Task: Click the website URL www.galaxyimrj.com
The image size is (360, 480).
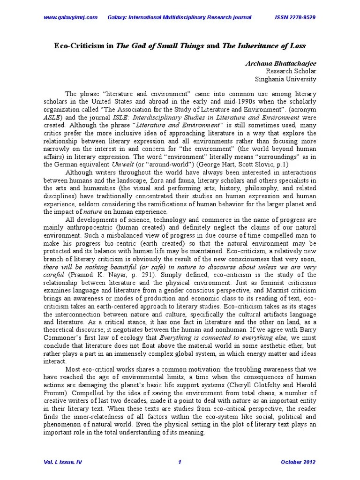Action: coord(70,17)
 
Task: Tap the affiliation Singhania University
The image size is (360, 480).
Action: coord(287,79)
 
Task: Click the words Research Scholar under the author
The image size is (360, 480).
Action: coord(292,71)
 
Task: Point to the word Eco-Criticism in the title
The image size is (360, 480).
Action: coord(78,46)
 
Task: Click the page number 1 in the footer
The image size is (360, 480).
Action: coord(180,462)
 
